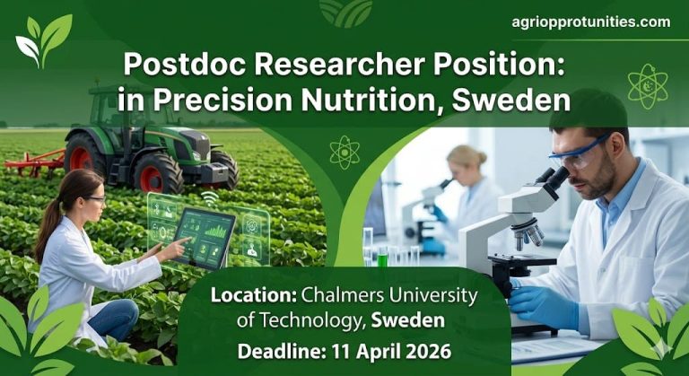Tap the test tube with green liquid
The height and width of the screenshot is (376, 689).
(x=382, y=255)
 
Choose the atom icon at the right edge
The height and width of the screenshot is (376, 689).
(x=649, y=85)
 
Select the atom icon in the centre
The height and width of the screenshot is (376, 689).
(x=344, y=152)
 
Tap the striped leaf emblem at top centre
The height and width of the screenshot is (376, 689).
(x=345, y=12)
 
